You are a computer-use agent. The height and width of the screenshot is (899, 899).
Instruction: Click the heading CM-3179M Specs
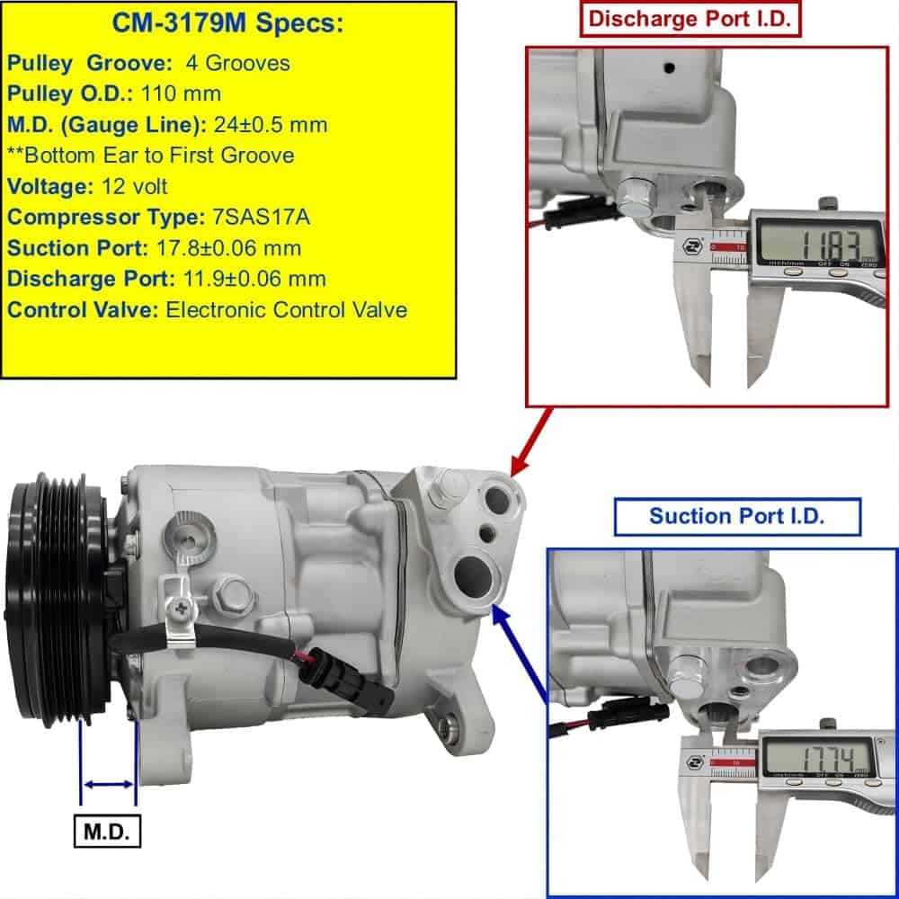coord(227,23)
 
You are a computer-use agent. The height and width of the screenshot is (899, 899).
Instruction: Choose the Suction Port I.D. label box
coord(737,516)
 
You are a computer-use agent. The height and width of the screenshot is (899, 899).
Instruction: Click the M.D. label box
coord(107,832)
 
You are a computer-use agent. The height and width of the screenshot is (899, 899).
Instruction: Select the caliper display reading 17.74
coord(818,755)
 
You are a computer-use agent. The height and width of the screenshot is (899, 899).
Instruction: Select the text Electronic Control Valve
coord(287,310)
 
